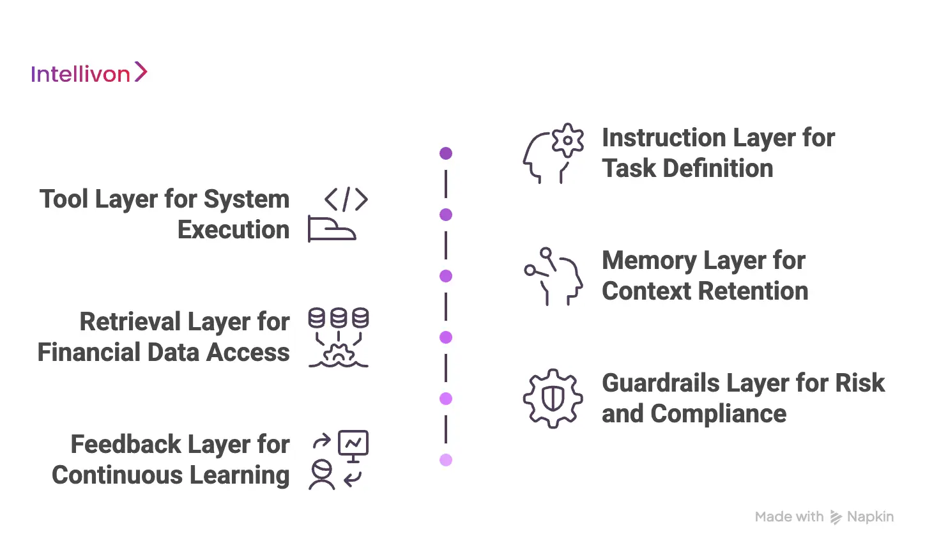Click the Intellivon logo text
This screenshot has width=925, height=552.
pos(80,74)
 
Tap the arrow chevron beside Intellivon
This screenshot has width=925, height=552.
pos(141,72)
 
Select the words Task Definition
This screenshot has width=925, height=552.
pos(687,169)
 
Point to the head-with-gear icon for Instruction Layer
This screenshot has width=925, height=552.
pos(553,154)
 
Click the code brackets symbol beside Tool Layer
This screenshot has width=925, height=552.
pos(346,199)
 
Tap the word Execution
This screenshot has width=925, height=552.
pos(234,230)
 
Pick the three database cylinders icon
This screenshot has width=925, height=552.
pos(338,318)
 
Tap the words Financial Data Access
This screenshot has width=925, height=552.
pos(164,353)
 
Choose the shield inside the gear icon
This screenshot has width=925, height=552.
pos(553,399)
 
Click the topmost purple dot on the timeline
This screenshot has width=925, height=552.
pos(446,153)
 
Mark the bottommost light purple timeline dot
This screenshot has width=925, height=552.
pos(446,460)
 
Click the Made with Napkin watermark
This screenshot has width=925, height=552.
pos(824,517)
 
